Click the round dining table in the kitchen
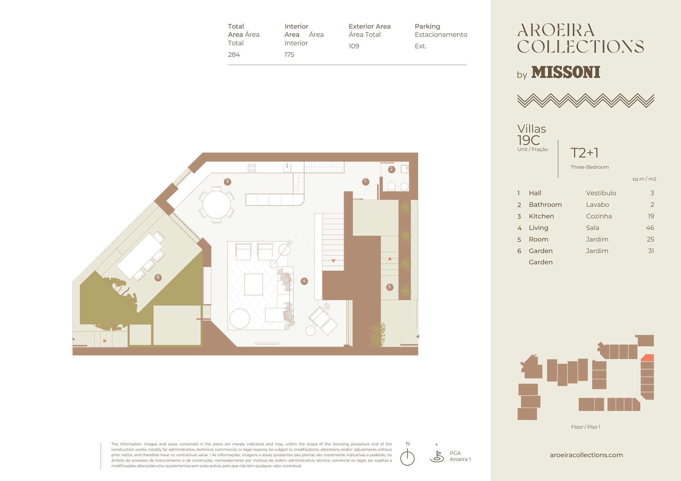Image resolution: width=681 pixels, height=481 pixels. (x=217, y=205)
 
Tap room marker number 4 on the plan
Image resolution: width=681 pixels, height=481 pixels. (x=304, y=281)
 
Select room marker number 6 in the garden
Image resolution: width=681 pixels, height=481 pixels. (x=158, y=277)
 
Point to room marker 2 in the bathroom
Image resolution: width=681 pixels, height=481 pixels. (x=392, y=169)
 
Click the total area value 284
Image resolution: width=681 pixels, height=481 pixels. (x=234, y=55)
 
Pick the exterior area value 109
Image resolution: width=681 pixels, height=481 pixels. (x=354, y=46)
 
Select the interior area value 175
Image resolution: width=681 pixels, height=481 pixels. (x=289, y=55)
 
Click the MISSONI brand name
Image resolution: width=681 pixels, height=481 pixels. (x=566, y=72)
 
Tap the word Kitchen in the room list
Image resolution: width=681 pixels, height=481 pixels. (x=541, y=216)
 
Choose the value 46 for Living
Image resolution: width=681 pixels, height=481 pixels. (x=650, y=228)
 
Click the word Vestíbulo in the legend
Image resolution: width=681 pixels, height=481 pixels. (x=601, y=193)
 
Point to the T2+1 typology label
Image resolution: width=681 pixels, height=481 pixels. (x=585, y=153)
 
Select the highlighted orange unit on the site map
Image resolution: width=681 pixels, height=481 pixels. (x=648, y=358)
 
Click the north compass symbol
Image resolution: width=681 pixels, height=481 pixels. (x=408, y=457)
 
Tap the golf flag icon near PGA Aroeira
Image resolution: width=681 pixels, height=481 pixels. (x=437, y=457)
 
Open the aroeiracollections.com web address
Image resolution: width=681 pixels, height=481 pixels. (x=586, y=455)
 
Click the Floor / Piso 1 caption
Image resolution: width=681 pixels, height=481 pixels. (x=586, y=427)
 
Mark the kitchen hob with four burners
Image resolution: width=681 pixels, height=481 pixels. (x=252, y=168)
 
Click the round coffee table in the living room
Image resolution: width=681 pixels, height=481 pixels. (x=240, y=318)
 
